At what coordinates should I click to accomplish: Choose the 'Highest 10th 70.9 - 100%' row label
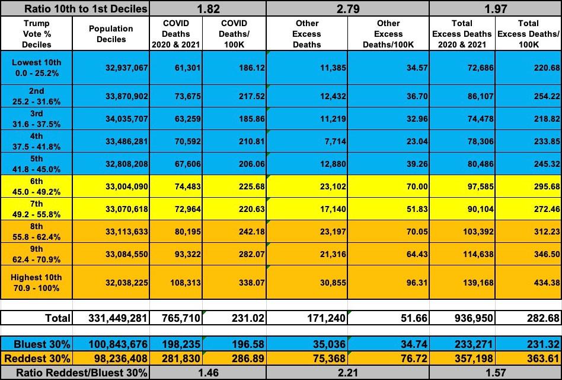(37, 283)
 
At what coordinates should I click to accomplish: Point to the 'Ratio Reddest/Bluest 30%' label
(74, 372)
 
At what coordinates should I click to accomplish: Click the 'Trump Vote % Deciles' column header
(37, 34)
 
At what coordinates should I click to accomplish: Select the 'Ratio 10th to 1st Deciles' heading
(74, 8)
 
